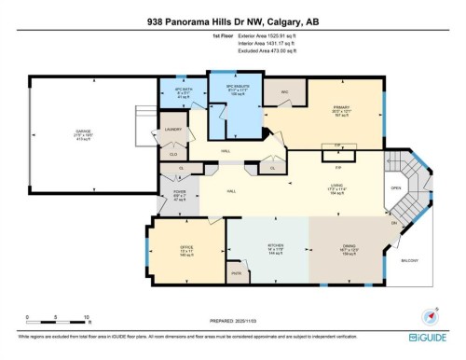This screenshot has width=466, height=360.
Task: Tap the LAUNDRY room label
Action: (173, 130)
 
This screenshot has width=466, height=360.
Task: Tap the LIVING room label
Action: (332, 186)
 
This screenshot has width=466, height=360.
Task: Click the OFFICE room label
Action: (174, 245)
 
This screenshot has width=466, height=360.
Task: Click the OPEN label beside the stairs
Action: (396, 187)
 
